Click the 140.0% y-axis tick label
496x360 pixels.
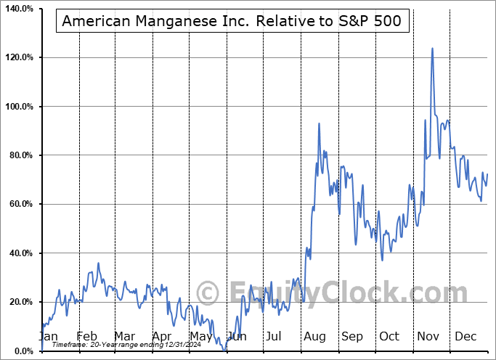tap(17, 9)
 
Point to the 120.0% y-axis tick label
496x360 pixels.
tap(17, 57)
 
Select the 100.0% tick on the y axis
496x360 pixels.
tap(17, 107)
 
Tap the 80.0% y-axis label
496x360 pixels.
tap(20, 155)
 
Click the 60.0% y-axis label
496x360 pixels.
tap(20, 205)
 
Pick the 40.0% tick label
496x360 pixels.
tap(20, 253)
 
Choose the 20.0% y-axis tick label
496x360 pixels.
tap(20, 302)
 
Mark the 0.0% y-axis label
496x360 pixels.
tap(22, 351)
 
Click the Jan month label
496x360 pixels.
tap(48, 336)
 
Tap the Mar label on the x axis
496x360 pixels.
tap(124, 336)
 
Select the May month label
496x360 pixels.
tap(200, 336)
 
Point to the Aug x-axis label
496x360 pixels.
tap(315, 336)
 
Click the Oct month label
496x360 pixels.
tap(390, 336)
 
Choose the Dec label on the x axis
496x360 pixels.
tap(465, 336)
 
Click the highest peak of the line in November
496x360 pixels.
tap(432, 49)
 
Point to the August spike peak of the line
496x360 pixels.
tap(319, 123)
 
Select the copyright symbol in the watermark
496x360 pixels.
tap(208, 294)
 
